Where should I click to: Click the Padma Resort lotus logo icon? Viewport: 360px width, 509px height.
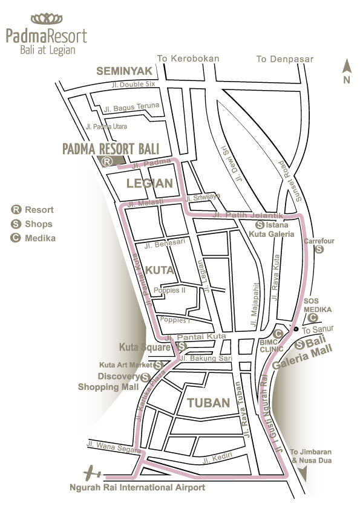46,18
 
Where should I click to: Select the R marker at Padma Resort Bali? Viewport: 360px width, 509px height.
106,161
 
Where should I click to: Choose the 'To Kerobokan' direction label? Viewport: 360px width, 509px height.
188,59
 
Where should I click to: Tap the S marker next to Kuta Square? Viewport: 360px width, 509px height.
182,346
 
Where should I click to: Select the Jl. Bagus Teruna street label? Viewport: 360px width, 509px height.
131,107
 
